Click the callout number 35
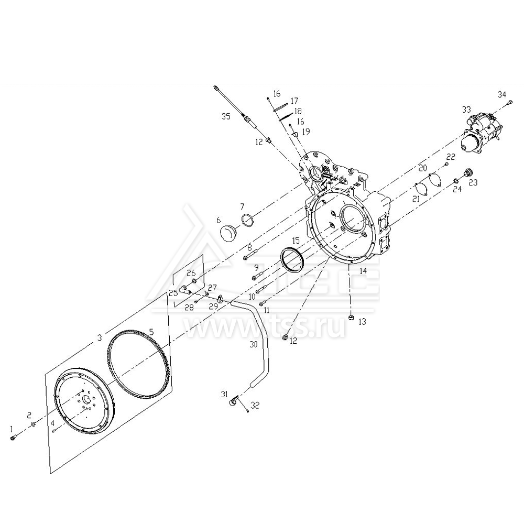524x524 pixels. click(226, 116)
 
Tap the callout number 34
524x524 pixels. click(502, 94)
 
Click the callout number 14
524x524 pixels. click(363, 271)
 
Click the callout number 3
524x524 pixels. click(100, 339)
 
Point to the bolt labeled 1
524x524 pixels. click(14, 438)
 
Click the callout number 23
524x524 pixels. click(473, 182)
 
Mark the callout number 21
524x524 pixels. click(416, 199)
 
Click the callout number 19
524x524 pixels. click(306, 131)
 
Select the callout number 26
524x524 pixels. click(191, 273)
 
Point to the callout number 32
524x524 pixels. click(255, 405)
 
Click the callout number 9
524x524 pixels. click(256, 268)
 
